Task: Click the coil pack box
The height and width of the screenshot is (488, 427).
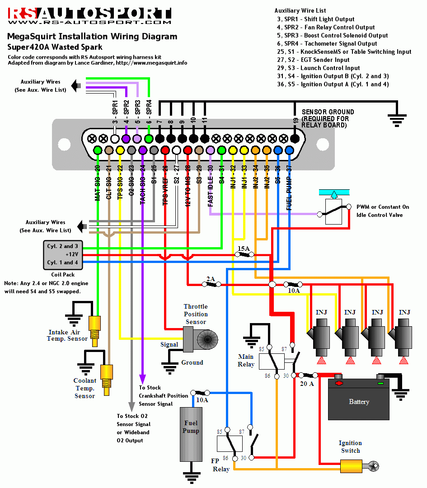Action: (63, 254)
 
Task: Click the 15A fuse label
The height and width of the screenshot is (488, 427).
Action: (244, 249)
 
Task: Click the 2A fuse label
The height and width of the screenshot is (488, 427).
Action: (211, 279)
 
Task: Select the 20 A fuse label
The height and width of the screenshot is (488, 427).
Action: (307, 384)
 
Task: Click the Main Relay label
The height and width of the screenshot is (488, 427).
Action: (246, 361)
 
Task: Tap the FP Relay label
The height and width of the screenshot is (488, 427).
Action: (221, 465)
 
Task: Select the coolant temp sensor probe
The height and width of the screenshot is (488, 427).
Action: (107, 375)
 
